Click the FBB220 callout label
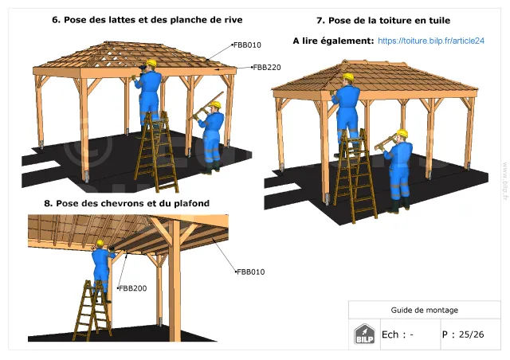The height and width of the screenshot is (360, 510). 267,68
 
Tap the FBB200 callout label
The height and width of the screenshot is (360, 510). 133,288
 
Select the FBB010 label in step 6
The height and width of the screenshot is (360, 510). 247,45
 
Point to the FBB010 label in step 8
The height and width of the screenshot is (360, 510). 251,272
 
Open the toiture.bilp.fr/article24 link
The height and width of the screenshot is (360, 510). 431,41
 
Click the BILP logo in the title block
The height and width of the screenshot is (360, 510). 364,334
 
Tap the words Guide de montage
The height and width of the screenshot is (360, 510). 424,310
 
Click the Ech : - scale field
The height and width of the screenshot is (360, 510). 398,335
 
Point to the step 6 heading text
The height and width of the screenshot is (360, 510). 147,20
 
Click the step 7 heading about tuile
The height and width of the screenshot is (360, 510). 383,21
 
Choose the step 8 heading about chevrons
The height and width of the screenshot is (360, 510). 127,203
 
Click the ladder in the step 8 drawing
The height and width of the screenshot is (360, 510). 92,311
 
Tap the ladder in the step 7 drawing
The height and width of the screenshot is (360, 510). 355,176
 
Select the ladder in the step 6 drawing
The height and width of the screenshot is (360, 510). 157,151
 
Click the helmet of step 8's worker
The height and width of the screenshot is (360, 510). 100,243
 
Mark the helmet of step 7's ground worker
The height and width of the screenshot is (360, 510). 402,133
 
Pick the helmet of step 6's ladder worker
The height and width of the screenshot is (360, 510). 151,62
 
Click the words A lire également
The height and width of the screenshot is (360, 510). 333,41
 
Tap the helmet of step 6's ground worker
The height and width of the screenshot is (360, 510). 215,104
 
